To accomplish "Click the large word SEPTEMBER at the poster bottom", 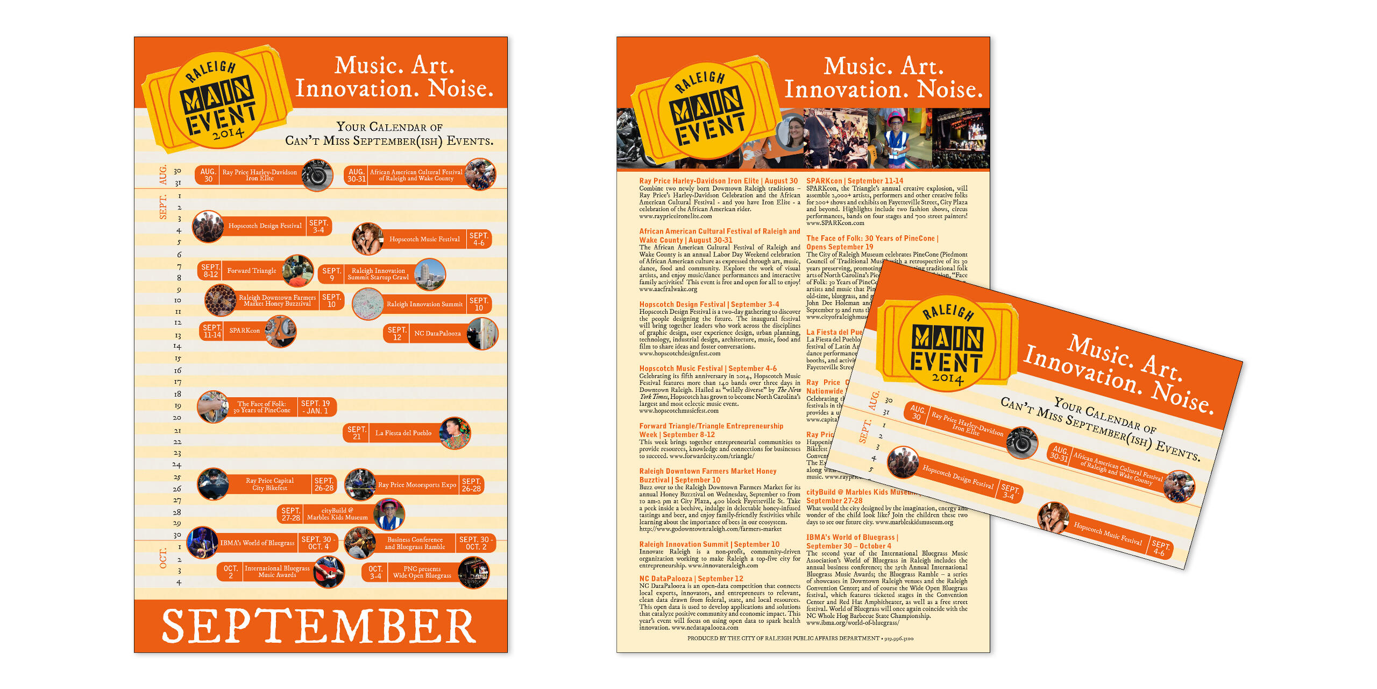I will click(x=319, y=626).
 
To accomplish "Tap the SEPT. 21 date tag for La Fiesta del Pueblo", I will click(x=356, y=433).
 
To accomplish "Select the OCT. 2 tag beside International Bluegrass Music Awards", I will click(x=230, y=572).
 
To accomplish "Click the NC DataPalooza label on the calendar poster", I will click(x=437, y=334).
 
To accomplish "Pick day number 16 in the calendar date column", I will click(x=178, y=370).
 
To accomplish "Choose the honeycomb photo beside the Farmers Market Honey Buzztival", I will click(x=220, y=300).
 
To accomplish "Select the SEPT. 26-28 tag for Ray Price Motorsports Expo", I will click(x=471, y=485).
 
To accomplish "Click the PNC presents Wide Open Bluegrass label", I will click(x=422, y=572).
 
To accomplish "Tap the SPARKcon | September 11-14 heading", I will click(x=854, y=181).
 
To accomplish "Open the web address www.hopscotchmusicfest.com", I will click(x=678, y=411).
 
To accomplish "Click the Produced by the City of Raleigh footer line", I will click(x=800, y=638).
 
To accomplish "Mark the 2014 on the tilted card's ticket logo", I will click(x=947, y=378).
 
